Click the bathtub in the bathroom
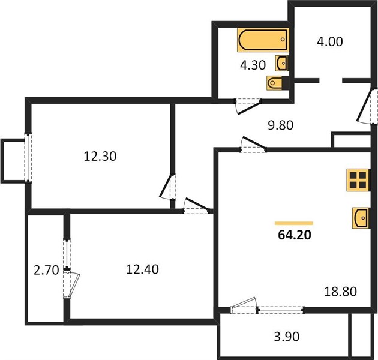pyautogui.click(x=263, y=40)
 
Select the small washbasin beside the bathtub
pyautogui.click(x=281, y=63)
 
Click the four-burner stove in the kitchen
pyautogui.click(x=358, y=180)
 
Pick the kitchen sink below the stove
pyautogui.click(x=361, y=218)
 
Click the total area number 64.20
pyautogui.click(x=295, y=235)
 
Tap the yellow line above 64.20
pyautogui.click(x=294, y=223)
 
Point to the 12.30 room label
pyautogui.click(x=100, y=156)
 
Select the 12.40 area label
pyautogui.click(x=142, y=269)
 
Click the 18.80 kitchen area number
pyautogui.click(x=340, y=292)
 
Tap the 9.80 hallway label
pyautogui.click(x=281, y=125)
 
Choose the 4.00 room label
pyautogui.click(x=329, y=42)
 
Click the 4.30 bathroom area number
pyautogui.click(x=253, y=65)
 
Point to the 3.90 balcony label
pyautogui.click(x=287, y=337)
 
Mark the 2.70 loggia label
pyautogui.click(x=46, y=270)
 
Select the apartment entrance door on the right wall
pyautogui.click(x=367, y=106)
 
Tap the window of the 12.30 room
pyautogui.click(x=28, y=158)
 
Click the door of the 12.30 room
pyautogui.click(x=168, y=186)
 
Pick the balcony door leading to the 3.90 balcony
pyautogui.click(x=244, y=305)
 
